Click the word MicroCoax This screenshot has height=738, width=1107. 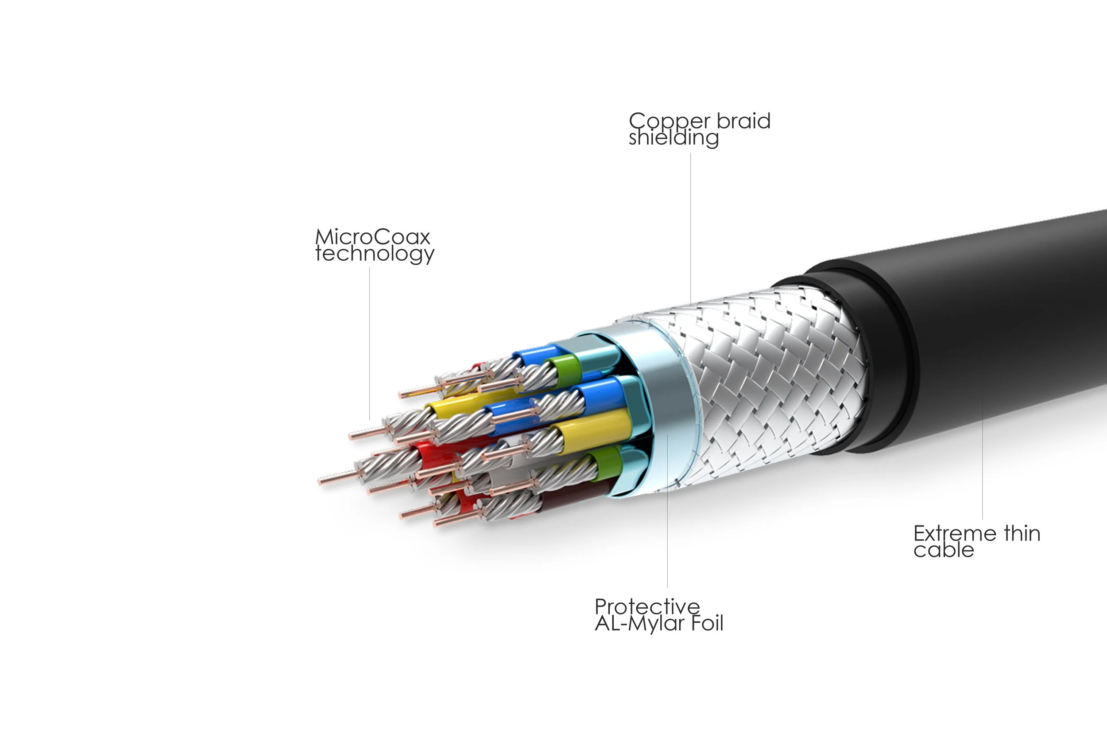[x=373, y=237]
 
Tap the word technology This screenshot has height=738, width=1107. [x=375, y=254]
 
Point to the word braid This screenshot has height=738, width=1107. [x=743, y=121]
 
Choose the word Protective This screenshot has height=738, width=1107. [x=647, y=607]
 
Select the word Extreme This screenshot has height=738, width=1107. [x=955, y=534]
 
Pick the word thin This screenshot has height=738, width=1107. [x=1022, y=534]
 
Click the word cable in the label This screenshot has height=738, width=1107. [x=943, y=550]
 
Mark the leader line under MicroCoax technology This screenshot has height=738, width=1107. [x=369, y=344]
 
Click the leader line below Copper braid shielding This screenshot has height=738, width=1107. [x=690, y=226]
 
